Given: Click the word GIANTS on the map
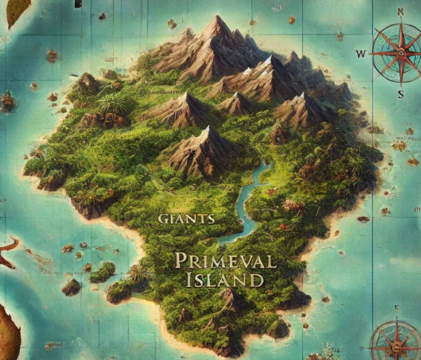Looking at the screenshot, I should click(186, 218).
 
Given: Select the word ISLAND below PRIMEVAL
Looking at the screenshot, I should click(224, 281).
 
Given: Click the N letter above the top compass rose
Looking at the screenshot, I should click(400, 12).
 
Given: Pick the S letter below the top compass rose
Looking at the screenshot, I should click(400, 94).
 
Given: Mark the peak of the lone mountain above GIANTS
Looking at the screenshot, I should click(205, 130).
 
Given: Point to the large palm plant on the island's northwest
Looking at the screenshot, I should click(112, 104).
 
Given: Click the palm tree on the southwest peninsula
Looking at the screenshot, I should click(139, 272).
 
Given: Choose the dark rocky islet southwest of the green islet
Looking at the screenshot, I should click(71, 286).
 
